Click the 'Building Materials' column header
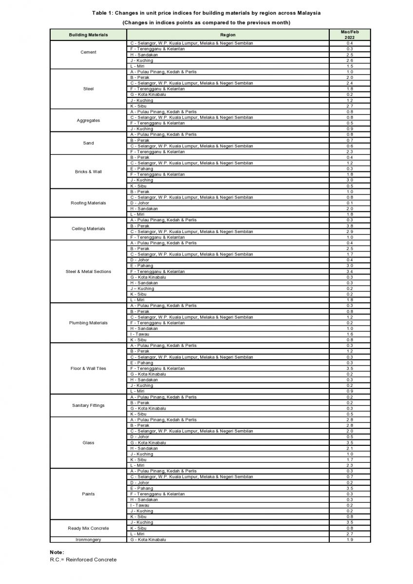pyautogui.click(x=88, y=35)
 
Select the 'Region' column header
pyautogui.click(x=227, y=35)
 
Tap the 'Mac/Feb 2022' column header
pyautogui.click(x=349, y=35)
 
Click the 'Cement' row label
pyautogui.click(x=88, y=52)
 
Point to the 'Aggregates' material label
pyautogui.click(x=88, y=121)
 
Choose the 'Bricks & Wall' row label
pyautogui.click(x=88, y=172)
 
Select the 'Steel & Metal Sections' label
pyautogui.click(x=88, y=272)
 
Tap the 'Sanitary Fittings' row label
pyautogui.click(x=88, y=405)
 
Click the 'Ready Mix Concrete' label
pyautogui.click(x=88, y=528)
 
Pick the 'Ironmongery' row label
pyautogui.click(x=88, y=540)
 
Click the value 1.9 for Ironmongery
pyautogui.click(x=349, y=540)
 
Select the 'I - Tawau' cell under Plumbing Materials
pyautogui.click(x=139, y=334)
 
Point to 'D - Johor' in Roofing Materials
pyautogui.click(x=139, y=203)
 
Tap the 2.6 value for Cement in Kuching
pyautogui.click(x=349, y=60)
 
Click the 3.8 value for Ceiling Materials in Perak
pyautogui.click(x=349, y=226)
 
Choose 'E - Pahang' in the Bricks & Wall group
pyautogui.click(x=141, y=169)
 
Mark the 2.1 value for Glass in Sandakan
pyautogui.click(x=349, y=448)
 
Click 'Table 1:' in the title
pyautogui.click(x=103, y=13)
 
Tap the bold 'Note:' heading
pyautogui.click(x=56, y=552)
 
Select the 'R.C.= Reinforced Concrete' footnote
pyautogui.click(x=83, y=560)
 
